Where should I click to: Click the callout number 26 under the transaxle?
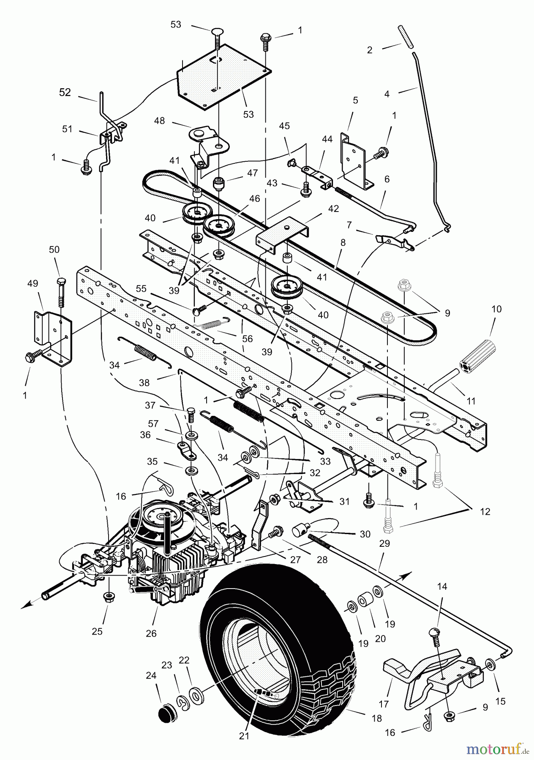point(151,633)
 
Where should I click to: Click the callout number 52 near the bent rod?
point(65,92)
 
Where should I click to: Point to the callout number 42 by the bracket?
point(333,209)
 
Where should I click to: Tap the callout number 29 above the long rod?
point(384,543)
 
